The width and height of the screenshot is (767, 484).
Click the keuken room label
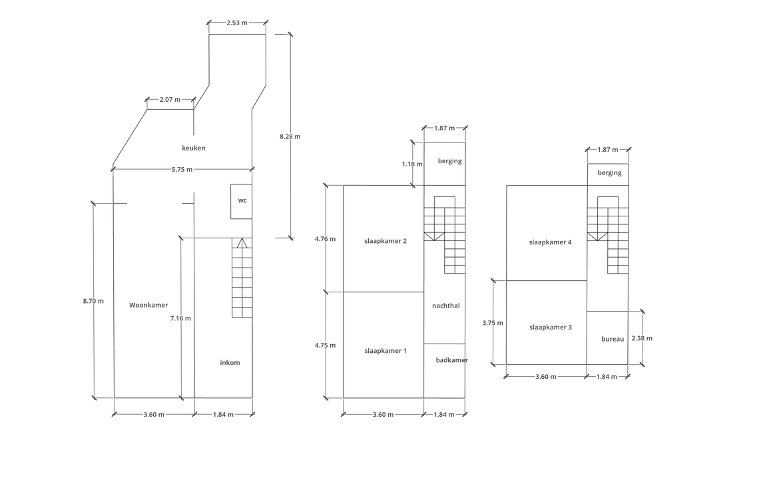194,148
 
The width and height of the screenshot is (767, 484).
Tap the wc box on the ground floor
242,202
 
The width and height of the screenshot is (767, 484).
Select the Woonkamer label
148,305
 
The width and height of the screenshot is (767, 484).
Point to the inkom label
230,363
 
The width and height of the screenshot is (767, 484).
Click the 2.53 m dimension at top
237,23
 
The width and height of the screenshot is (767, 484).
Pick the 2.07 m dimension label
170,100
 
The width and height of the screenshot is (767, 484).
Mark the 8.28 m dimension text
290,136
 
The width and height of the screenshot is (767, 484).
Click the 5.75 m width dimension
182,170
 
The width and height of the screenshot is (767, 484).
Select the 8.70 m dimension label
93,301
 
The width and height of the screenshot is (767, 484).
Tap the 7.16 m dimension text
180,318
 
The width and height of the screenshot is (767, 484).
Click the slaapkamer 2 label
385,241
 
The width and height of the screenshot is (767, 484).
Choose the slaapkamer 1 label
385,351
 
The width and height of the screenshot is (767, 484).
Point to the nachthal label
446,306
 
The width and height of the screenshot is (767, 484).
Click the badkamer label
452,360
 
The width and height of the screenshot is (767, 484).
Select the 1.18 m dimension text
412,164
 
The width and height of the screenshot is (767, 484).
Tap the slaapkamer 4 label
551,242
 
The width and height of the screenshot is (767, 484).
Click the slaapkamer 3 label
551,328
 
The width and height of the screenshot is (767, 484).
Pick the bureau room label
613,340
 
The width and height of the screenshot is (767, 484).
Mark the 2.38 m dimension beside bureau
642,338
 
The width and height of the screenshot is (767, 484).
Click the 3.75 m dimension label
493,323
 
